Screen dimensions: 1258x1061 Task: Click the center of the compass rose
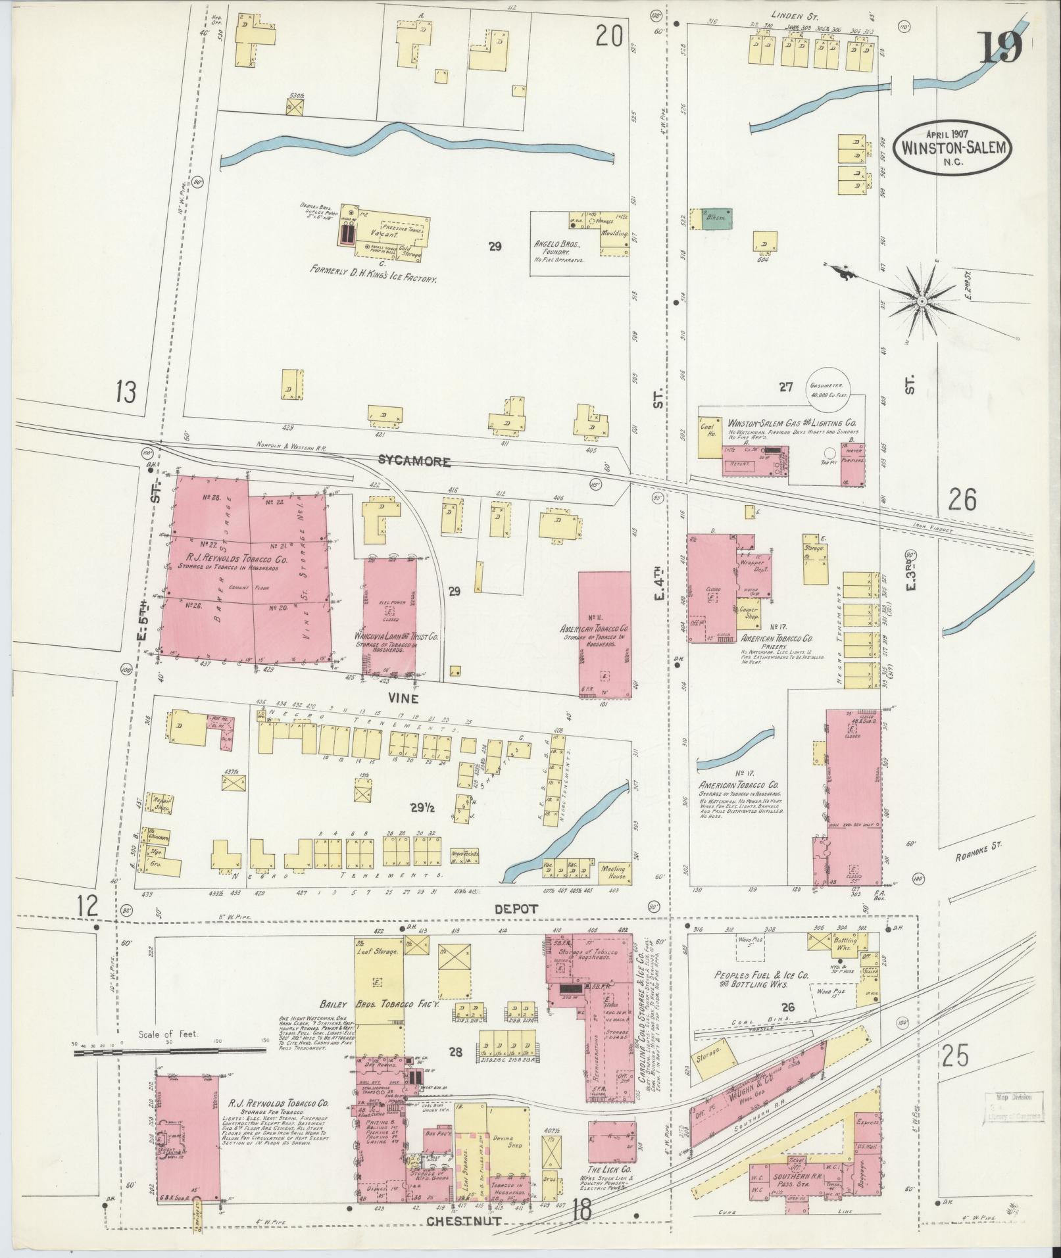922,301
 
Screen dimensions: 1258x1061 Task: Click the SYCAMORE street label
414,462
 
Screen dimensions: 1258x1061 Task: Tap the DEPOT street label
518,908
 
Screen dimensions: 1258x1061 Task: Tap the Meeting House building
614,872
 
